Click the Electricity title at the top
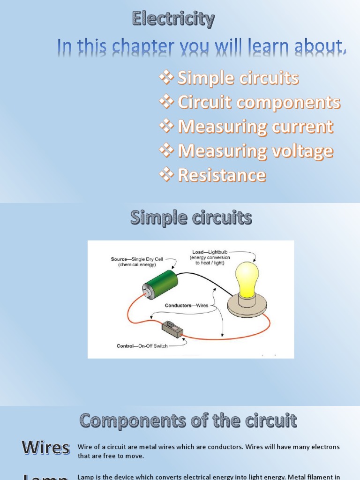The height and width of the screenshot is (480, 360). pos(173,19)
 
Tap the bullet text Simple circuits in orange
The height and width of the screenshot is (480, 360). pos(238,78)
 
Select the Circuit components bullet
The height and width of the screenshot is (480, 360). pos(259,103)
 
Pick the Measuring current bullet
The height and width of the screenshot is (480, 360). pos(255,127)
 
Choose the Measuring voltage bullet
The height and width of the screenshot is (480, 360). pos(255,151)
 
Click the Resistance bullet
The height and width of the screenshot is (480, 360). pos(222,175)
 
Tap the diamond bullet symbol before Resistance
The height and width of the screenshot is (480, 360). pos(166,175)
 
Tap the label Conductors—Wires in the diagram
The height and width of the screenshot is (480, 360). pos(187,305)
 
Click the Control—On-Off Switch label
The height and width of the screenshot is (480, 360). pos(142,346)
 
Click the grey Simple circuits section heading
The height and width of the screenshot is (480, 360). pos(191,218)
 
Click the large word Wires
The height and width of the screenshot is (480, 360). pos(45,448)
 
